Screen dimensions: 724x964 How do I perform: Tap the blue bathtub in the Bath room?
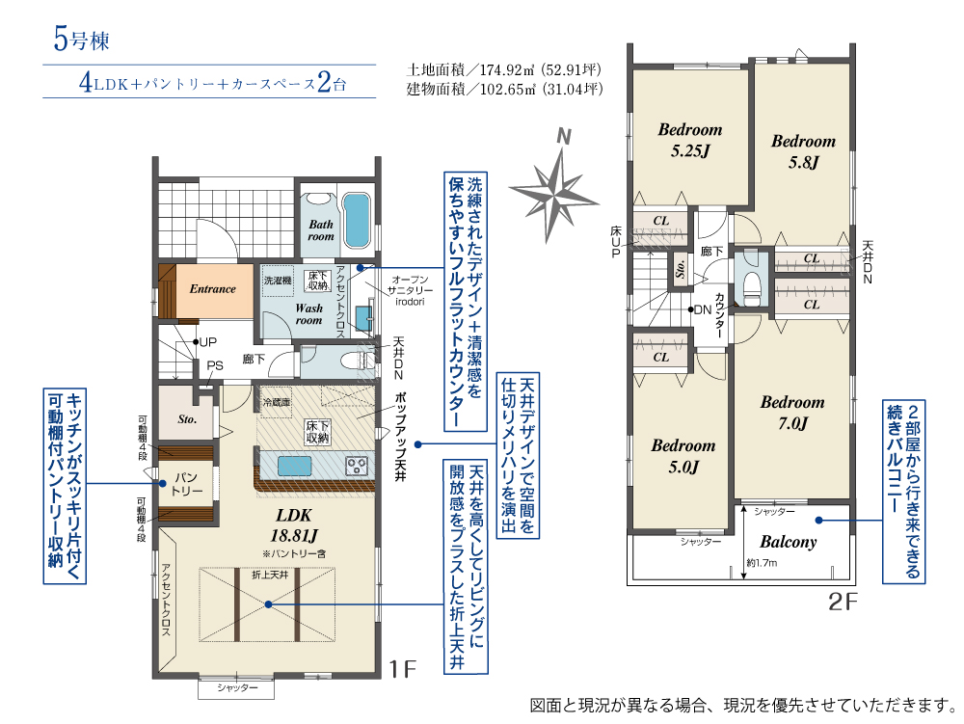click(357, 219)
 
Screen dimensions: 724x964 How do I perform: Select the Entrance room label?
click(212, 288)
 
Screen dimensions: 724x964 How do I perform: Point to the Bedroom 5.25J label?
click(689, 140)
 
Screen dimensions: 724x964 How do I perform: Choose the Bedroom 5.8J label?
click(803, 151)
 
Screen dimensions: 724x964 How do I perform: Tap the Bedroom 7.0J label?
click(791, 412)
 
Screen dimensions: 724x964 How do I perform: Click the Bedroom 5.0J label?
click(683, 456)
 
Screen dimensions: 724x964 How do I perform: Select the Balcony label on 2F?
click(789, 542)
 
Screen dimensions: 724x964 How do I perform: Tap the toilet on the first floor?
click(359, 360)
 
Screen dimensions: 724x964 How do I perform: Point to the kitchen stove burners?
click(358, 466)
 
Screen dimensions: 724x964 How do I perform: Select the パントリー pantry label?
click(186, 484)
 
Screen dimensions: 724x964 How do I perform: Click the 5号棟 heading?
click(83, 40)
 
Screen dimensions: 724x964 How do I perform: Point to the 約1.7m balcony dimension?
click(763, 563)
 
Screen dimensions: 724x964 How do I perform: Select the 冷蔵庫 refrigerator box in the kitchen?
click(277, 401)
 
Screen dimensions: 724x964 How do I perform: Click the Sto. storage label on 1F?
click(187, 419)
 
